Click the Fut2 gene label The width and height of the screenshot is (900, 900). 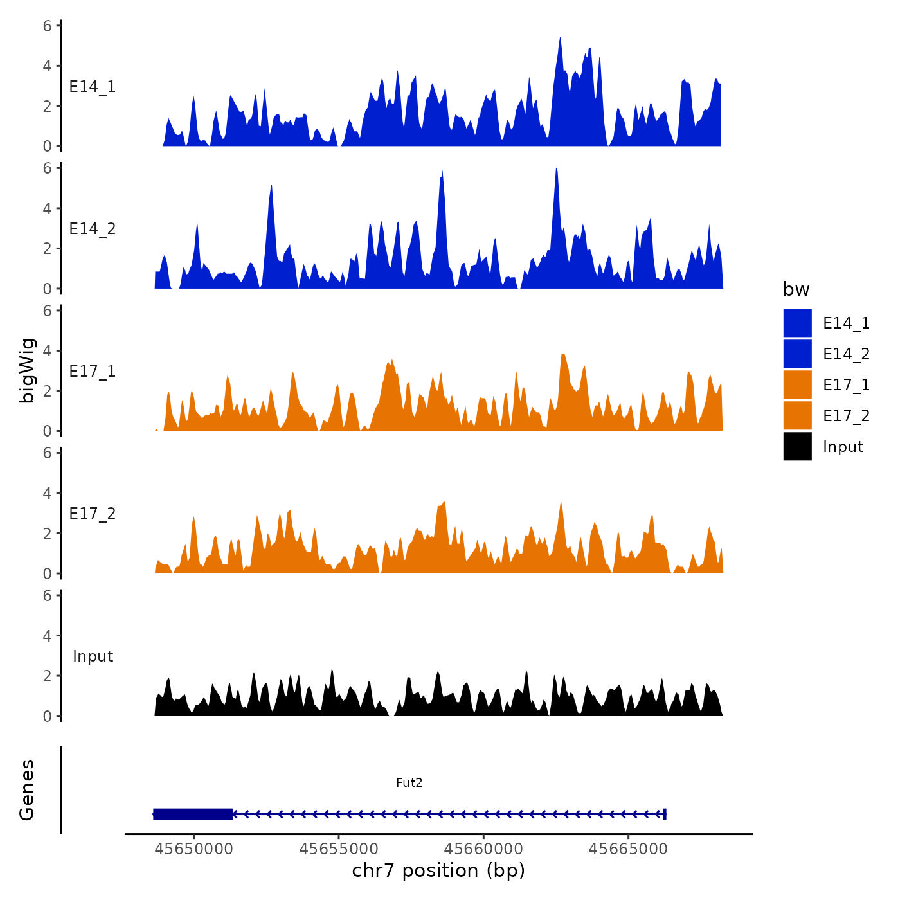(409, 782)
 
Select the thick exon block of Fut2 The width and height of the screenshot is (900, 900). (193, 814)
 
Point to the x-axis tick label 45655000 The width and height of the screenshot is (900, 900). (339, 849)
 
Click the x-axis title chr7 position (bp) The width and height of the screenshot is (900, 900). (438, 870)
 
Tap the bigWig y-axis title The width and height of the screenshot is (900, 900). (27, 370)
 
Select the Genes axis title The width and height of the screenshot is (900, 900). (27, 790)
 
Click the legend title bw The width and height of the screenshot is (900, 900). (796, 289)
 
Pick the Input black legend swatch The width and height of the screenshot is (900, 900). (797, 446)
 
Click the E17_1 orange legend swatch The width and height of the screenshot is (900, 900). (797, 384)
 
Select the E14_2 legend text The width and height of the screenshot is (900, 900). (846, 354)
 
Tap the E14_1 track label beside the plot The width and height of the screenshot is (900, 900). (93, 87)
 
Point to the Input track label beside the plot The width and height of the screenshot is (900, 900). (93, 656)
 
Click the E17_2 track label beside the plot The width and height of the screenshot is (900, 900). (93, 513)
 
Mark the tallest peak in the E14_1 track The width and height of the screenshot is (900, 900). (560, 39)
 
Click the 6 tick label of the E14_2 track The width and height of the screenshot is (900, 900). (47, 168)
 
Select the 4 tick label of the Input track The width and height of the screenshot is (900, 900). (47, 636)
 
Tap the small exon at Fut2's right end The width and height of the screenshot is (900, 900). (665, 814)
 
